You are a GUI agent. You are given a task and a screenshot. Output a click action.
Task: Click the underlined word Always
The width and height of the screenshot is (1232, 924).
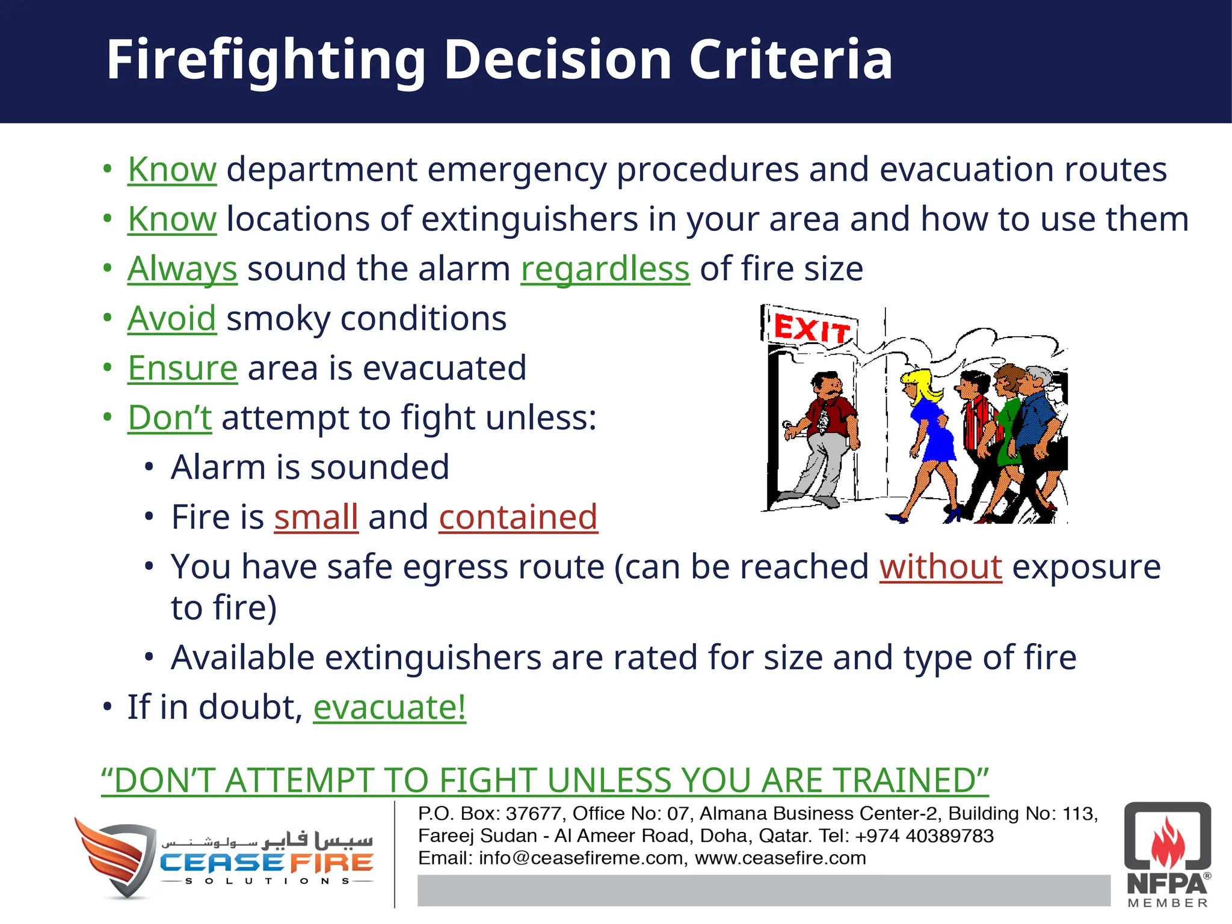click(182, 269)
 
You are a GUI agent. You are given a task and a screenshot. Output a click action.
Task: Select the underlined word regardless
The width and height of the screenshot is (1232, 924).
click(605, 269)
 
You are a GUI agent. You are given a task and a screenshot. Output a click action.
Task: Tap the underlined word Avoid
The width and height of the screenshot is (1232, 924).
click(171, 318)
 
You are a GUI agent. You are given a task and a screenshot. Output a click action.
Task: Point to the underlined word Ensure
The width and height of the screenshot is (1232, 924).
click(182, 368)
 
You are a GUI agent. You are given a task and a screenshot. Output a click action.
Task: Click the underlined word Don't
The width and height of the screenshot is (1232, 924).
click(170, 417)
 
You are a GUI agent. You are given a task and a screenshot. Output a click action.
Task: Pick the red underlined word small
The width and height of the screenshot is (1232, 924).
click(316, 517)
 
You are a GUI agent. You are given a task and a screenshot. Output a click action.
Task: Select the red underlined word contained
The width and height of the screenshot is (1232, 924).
click(518, 517)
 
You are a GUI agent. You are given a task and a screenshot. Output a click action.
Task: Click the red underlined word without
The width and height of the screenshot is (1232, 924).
click(940, 567)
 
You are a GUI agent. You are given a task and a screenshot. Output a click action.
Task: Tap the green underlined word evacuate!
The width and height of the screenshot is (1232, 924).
click(389, 707)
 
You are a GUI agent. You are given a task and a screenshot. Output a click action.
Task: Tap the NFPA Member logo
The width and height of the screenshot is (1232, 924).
click(1167, 854)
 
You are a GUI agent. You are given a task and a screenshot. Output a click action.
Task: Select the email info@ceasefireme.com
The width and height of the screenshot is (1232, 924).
click(581, 858)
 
